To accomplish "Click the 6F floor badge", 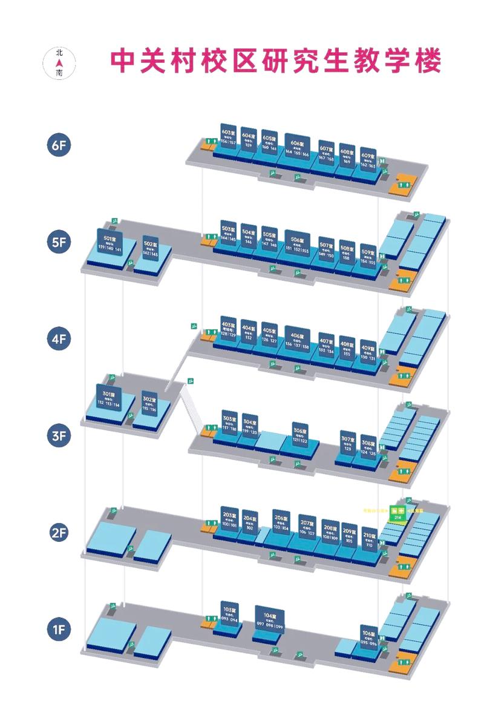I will coord(59,146).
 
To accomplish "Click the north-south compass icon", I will coord(59,62).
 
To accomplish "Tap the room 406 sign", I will coord(297,341).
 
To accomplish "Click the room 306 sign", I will coord(300,435).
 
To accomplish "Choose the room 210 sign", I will coord(370,539).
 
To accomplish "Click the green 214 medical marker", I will coord(397,512).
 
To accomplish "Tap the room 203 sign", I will coord(229,519).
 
